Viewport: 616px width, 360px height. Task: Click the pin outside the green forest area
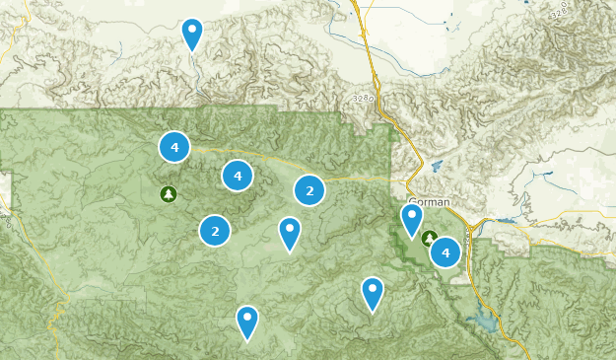[x=192, y=34]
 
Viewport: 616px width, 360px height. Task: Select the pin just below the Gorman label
[x=412, y=219]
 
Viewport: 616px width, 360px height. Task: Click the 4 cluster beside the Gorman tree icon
[x=446, y=252]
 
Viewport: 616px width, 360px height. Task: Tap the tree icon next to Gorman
[x=430, y=238]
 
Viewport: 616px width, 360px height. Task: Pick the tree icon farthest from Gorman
[x=169, y=193]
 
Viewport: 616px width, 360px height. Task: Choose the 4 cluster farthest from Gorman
[x=174, y=147]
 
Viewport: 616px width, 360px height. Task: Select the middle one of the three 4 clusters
[x=237, y=175]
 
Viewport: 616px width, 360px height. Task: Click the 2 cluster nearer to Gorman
[x=309, y=190]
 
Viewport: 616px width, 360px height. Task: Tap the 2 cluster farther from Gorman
[x=215, y=231]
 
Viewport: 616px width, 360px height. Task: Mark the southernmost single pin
[x=247, y=322]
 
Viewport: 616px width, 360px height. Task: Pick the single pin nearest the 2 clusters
[x=290, y=233]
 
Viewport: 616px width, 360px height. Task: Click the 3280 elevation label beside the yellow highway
[x=361, y=100]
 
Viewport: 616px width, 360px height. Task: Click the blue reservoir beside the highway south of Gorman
[x=487, y=322]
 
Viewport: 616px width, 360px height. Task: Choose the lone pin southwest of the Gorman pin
[x=372, y=293]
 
